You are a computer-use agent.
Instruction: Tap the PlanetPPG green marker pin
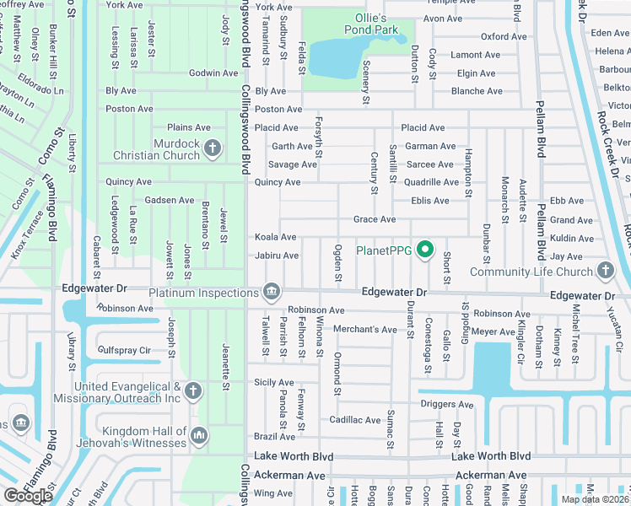425,250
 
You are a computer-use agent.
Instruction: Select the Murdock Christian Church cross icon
212,149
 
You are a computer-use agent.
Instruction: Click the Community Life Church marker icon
604,271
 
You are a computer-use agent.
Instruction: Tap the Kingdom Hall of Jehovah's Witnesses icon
199,436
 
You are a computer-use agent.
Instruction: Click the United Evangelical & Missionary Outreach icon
193,391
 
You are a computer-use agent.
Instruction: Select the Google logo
28,495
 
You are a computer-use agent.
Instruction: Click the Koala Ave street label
276,238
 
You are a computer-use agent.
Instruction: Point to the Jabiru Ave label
277,256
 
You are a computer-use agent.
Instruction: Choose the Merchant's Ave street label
364,329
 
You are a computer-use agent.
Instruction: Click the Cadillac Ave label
355,419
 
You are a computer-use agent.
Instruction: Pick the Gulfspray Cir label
124,350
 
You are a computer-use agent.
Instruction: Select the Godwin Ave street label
213,73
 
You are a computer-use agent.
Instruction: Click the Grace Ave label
375,219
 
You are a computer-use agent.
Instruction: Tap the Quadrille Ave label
431,182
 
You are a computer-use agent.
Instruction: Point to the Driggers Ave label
447,405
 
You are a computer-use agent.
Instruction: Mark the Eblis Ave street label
429,201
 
